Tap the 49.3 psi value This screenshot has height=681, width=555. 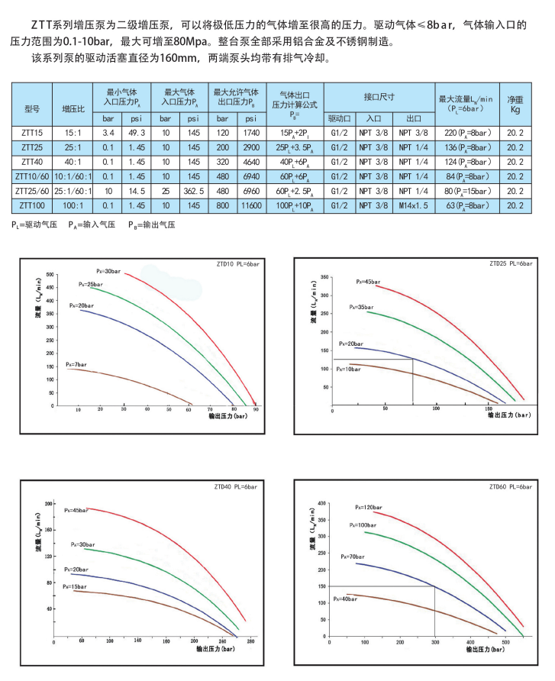[x=137, y=134]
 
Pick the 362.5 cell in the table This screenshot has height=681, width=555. [x=193, y=191]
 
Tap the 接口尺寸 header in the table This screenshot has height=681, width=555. [x=379, y=97]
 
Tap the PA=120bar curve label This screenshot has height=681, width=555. [x=369, y=507]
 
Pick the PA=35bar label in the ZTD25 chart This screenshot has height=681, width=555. [x=361, y=307]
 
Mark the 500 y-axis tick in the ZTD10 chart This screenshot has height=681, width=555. [x=51, y=274]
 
